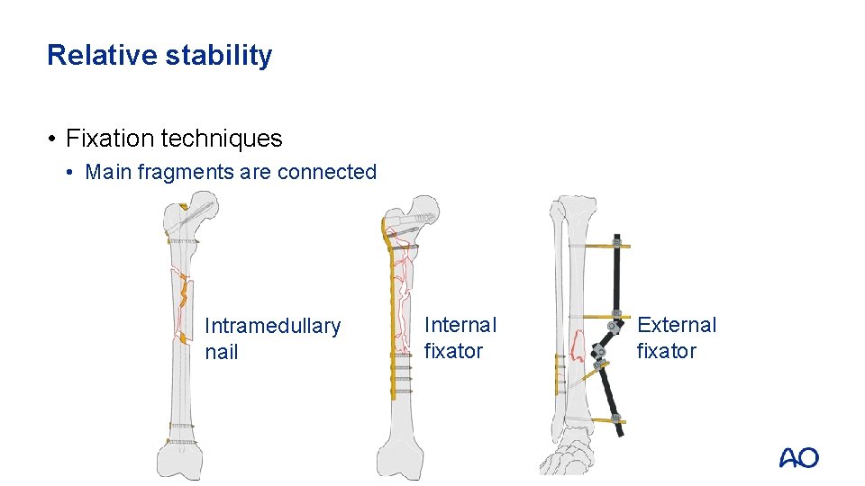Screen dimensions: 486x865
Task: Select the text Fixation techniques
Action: pyautogui.click(x=174, y=139)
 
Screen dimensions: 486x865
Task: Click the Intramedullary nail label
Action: pyautogui.click(x=271, y=338)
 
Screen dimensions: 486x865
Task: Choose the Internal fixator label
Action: pyautogui.click(x=460, y=337)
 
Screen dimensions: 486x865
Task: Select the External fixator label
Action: pyautogui.click(x=676, y=337)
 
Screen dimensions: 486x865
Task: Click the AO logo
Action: pyautogui.click(x=798, y=457)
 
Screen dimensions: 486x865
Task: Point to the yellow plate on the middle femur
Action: pyautogui.click(x=392, y=315)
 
